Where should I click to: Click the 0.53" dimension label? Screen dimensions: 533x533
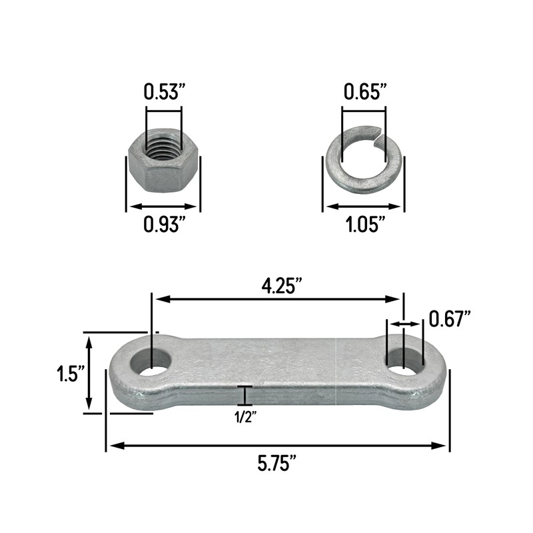163,92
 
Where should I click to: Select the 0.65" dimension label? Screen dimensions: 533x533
364,92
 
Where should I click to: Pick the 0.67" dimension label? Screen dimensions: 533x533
450,318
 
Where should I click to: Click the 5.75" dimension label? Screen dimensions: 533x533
277,463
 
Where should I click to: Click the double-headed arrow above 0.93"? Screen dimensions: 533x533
163,207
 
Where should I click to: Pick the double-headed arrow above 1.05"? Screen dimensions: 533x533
364,207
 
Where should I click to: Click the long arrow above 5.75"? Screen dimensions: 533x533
278,445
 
